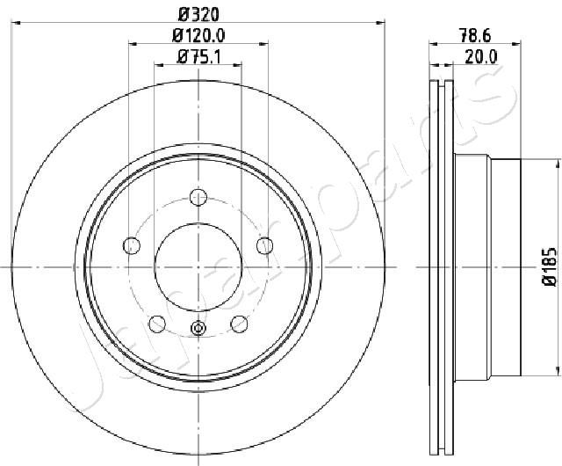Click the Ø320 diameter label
click(198, 14)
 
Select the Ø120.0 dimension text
click(198, 35)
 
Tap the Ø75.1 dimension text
click(199, 57)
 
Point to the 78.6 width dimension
click(475, 36)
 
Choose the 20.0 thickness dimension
click(481, 57)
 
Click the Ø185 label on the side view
click(550, 266)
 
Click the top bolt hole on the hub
click(198, 197)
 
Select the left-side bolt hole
click(132, 245)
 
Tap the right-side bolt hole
click(265, 245)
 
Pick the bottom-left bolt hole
click(157, 324)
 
